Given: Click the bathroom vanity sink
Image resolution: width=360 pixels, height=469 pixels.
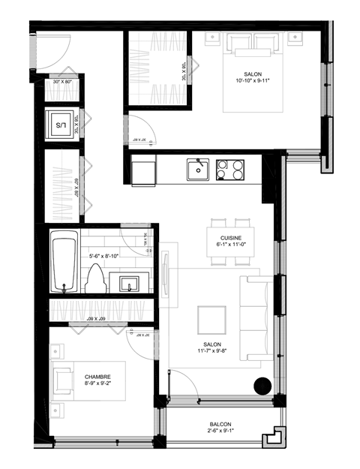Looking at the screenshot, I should [125, 284].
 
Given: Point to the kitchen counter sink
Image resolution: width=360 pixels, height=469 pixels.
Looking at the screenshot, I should [198, 170].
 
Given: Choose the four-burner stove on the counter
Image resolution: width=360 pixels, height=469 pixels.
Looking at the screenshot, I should [231, 170].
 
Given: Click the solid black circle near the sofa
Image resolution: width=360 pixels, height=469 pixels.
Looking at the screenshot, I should [262, 386].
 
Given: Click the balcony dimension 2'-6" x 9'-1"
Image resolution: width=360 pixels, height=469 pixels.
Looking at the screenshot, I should [220, 432].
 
